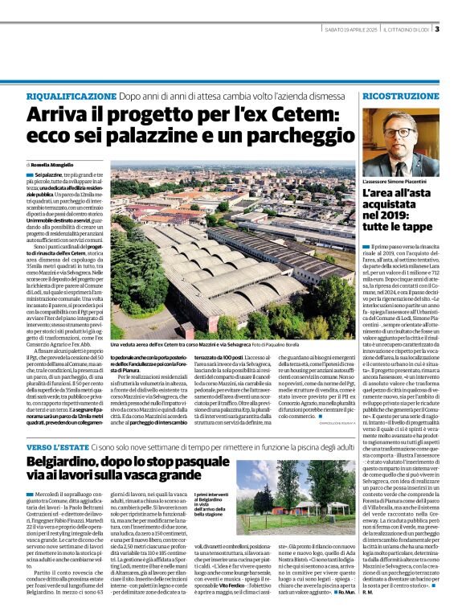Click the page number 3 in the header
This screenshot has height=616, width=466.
click(x=437, y=31)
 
